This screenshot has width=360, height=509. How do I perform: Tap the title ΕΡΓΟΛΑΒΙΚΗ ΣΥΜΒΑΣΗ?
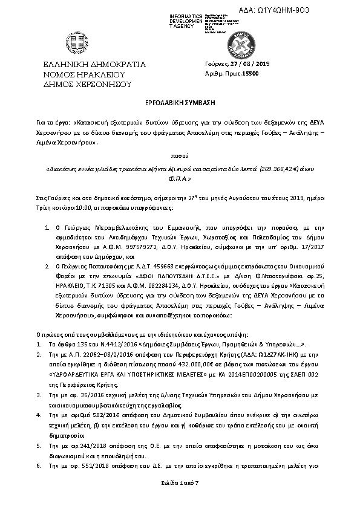point(180,104)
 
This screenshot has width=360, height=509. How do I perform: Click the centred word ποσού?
point(180,155)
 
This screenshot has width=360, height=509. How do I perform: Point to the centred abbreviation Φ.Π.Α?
point(180,180)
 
